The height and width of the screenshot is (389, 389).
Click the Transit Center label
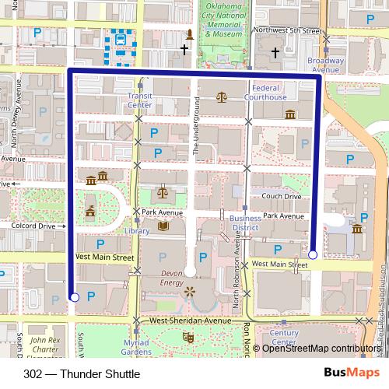point(139,100)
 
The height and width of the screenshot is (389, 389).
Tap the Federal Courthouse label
point(271,93)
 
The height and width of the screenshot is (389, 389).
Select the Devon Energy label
point(170,279)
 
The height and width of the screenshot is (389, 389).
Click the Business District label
point(245,223)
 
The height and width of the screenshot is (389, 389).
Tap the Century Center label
point(284,338)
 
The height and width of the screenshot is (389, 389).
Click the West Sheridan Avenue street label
point(191,321)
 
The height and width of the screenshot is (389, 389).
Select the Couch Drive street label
point(281,197)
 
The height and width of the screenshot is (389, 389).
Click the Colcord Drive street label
point(34,226)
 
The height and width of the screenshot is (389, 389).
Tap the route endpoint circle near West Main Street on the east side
point(313,254)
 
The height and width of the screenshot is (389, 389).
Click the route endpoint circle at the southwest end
point(74,296)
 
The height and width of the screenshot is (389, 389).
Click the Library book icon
point(163,226)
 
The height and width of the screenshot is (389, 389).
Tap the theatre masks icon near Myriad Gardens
point(187,338)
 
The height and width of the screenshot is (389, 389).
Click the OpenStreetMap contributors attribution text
point(322,349)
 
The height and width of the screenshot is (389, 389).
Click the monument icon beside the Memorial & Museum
point(189,34)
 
